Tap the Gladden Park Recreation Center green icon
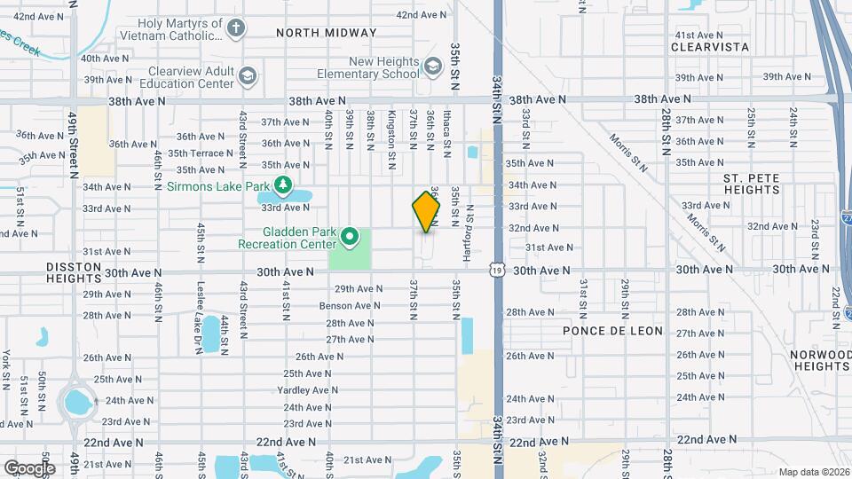(x=350, y=237)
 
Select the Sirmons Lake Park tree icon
(x=283, y=185)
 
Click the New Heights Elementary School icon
(x=432, y=67)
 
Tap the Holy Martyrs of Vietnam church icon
(x=236, y=28)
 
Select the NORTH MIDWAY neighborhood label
(x=326, y=33)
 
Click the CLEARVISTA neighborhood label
(x=710, y=46)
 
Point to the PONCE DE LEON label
(x=612, y=330)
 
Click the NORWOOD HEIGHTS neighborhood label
(x=823, y=360)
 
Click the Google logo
(x=29, y=467)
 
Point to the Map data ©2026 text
(x=813, y=472)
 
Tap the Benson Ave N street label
(x=350, y=306)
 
